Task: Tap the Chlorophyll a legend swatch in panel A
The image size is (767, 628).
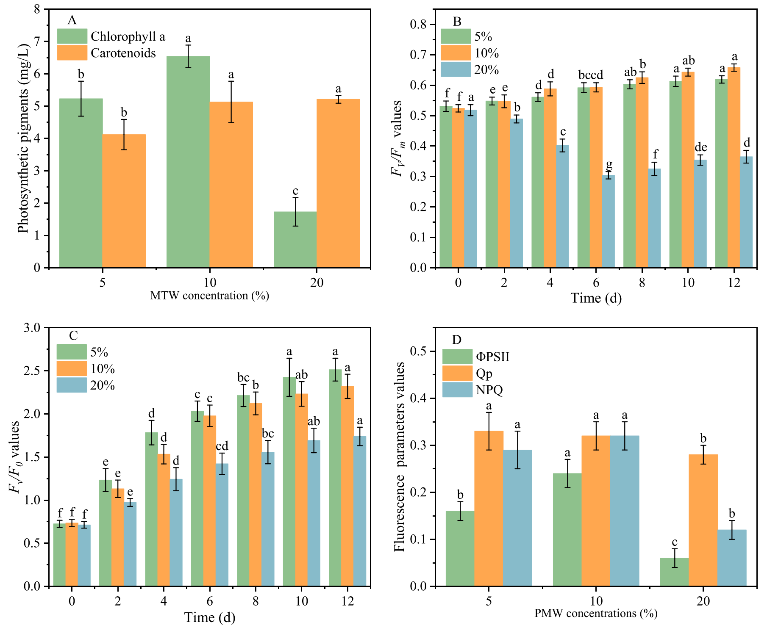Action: [x=72, y=36]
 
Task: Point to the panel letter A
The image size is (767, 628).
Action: [x=72, y=20]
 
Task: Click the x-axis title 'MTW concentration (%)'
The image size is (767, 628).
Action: [x=210, y=296]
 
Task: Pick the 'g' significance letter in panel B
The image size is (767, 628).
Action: [x=609, y=164]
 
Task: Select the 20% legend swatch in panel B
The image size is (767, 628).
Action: [x=456, y=69]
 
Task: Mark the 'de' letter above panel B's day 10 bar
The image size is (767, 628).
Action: [x=701, y=147]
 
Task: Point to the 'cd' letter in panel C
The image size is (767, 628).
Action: [x=222, y=446]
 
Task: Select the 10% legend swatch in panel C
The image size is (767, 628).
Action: [x=72, y=369]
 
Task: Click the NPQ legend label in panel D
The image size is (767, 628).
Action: [x=489, y=390]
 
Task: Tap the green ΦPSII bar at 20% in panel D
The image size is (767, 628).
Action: [x=674, y=572]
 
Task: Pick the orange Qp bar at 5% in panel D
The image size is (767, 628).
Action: [x=489, y=508]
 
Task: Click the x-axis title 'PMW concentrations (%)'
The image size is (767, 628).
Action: [x=596, y=613]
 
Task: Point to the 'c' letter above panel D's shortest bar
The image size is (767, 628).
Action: [x=674, y=542]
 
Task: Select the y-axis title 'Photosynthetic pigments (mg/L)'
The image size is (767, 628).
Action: [x=23, y=138]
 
